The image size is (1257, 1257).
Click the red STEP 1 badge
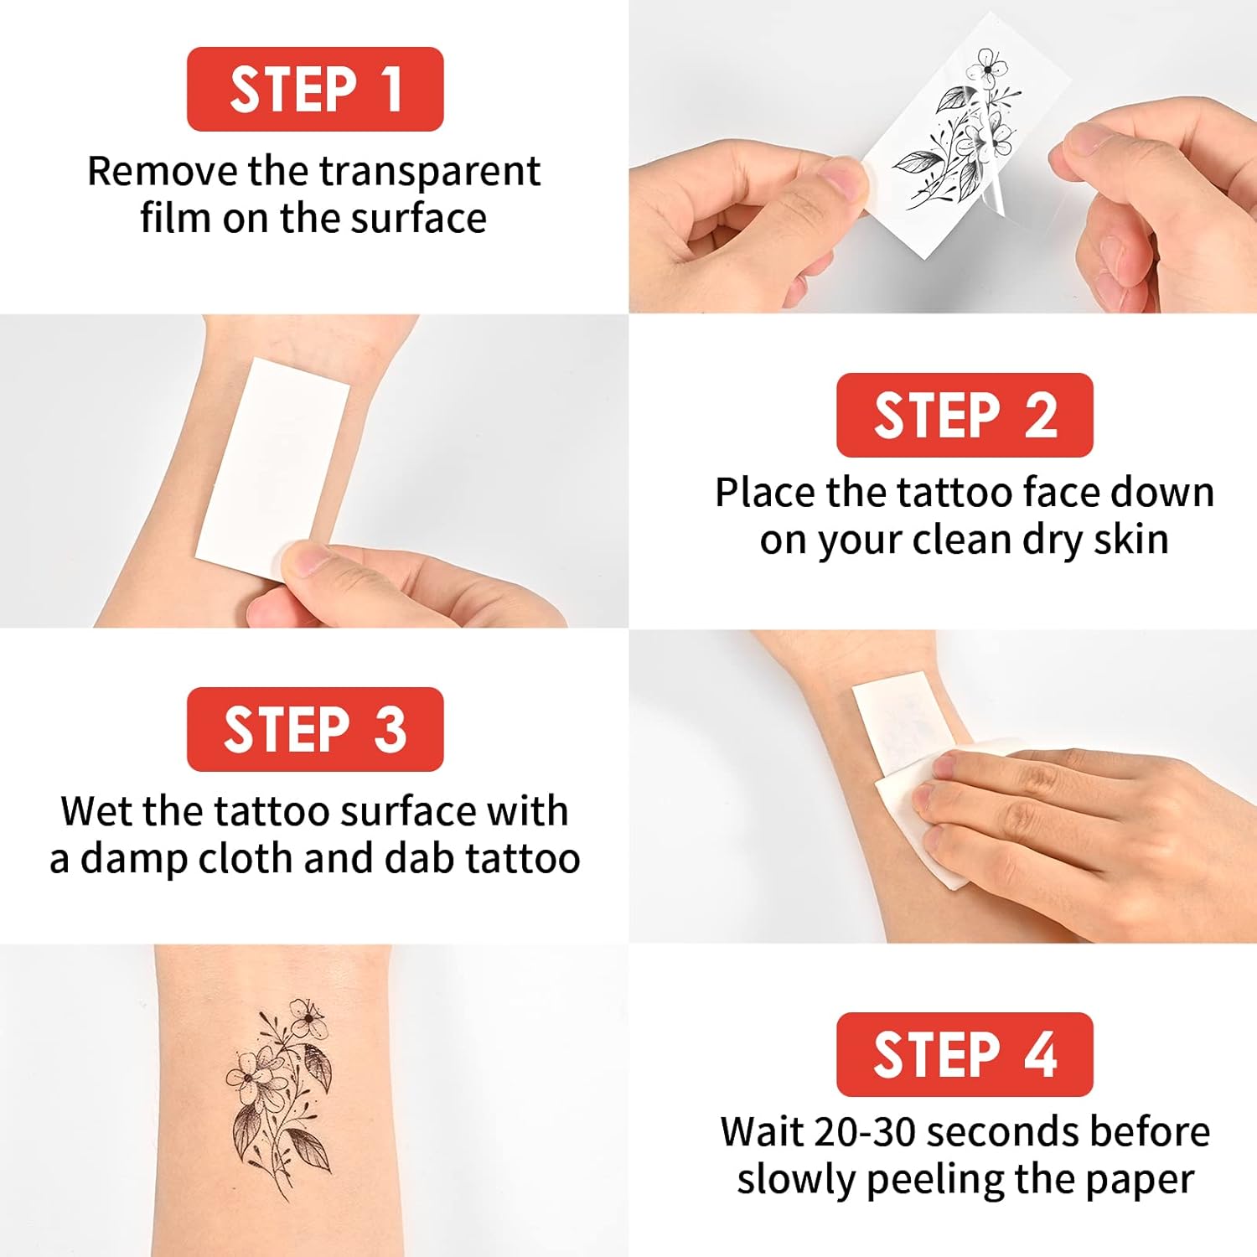315,89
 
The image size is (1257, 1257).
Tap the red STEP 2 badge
965,415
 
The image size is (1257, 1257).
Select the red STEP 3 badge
315,729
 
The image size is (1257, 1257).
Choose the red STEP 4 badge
965,1054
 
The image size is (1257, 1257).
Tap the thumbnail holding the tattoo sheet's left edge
844,179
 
